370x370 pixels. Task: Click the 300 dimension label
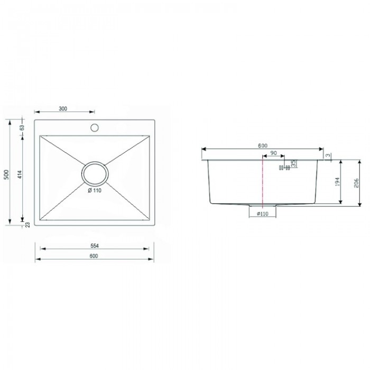click(63, 109)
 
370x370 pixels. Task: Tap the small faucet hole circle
click(95, 128)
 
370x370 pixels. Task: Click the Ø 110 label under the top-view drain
click(95, 191)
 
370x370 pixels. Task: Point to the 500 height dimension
click(6, 174)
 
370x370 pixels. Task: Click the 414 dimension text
click(20, 174)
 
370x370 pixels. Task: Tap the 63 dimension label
click(22, 128)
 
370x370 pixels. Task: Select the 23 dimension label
click(28, 225)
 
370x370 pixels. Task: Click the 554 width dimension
click(95, 246)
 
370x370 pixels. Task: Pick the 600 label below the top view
click(94, 256)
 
